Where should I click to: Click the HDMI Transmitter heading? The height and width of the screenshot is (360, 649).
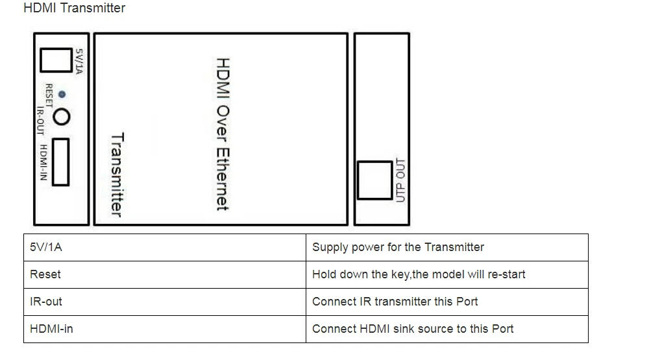75,8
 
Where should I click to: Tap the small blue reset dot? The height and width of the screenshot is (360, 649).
62,94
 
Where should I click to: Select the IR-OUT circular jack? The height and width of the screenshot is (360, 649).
62,117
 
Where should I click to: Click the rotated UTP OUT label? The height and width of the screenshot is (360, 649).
400,180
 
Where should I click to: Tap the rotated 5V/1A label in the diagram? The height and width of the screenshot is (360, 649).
79,61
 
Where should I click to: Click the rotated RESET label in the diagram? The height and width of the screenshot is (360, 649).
49,95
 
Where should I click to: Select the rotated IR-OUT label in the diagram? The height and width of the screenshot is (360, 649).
40,121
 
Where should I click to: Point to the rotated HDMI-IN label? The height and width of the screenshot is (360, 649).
43,162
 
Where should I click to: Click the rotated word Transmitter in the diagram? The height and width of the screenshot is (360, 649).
117,174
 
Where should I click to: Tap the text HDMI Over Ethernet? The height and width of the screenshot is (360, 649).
223,134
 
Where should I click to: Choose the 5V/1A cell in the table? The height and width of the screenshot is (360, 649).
165,247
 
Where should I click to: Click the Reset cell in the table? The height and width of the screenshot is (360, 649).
165,275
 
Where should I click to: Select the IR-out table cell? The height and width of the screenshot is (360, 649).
165,302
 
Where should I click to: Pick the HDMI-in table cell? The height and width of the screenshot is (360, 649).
165,329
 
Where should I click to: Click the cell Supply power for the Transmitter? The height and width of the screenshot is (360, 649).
447,247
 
